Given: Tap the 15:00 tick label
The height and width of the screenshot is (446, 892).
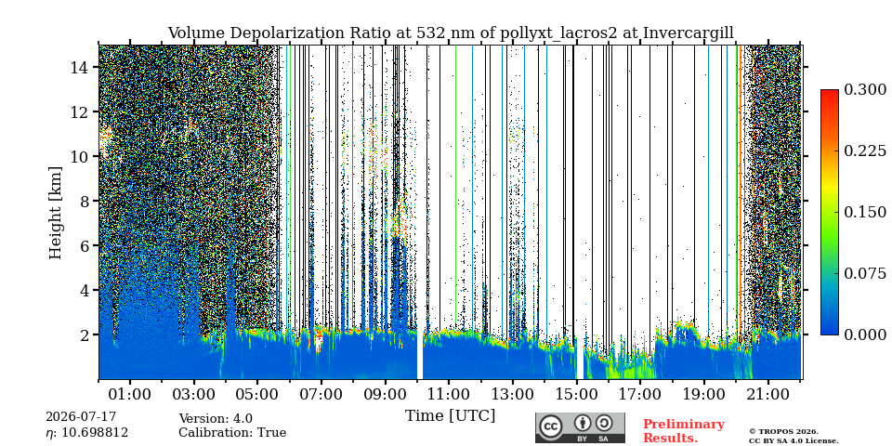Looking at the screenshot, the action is [x=576, y=395].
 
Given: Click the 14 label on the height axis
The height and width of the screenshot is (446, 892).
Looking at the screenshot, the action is [x=80, y=68].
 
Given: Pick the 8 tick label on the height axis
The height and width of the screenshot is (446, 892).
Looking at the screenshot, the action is [x=85, y=202].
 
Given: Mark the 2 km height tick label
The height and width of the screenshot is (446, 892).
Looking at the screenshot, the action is [x=85, y=334].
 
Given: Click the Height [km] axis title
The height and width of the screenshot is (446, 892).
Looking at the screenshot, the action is [x=55, y=213].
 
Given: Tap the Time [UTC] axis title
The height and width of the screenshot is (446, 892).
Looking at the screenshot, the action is [x=450, y=416].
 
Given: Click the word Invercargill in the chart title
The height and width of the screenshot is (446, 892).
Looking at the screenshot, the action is [x=689, y=33].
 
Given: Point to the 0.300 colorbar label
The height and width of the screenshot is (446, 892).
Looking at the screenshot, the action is [x=865, y=90].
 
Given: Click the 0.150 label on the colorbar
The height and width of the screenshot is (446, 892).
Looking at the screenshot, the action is [x=865, y=212].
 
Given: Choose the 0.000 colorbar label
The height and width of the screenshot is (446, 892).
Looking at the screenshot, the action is [x=865, y=334].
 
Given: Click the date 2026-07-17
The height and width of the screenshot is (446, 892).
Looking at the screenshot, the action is [x=81, y=417].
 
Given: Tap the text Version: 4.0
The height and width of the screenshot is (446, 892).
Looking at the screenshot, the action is [x=216, y=419].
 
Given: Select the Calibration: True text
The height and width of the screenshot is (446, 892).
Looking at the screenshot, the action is [x=232, y=433].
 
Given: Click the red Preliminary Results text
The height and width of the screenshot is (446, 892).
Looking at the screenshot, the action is [x=684, y=430].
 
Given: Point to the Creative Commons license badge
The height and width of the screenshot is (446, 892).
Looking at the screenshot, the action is [x=580, y=427].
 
